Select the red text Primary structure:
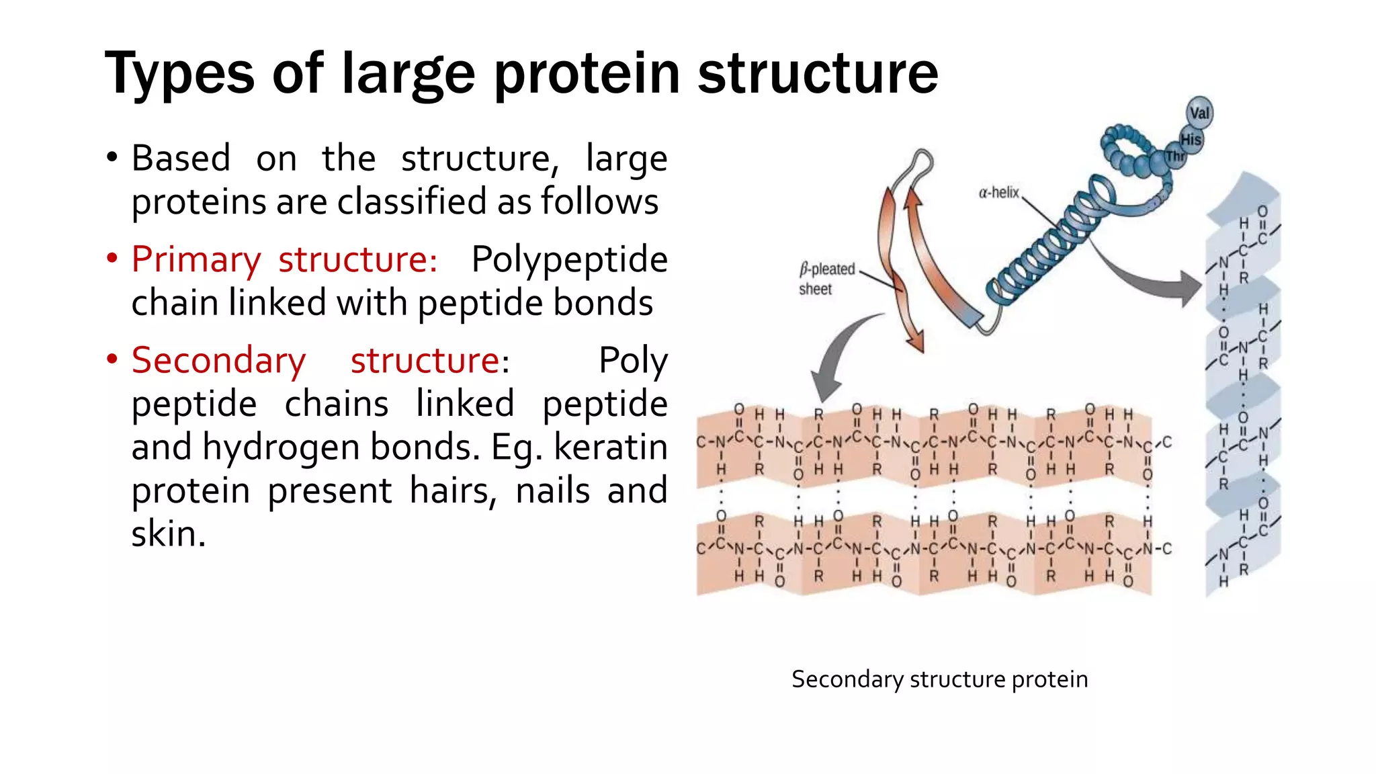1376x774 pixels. [x=284, y=259]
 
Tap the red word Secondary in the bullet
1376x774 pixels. [x=218, y=360]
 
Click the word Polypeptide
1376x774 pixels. [x=569, y=259]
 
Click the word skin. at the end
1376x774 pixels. [x=168, y=534]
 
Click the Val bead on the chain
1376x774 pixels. [x=1199, y=113]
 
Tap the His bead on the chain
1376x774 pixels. [x=1191, y=140]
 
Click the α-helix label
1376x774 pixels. [x=998, y=193]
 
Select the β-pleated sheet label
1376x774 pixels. [x=826, y=279]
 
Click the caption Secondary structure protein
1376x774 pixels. [x=939, y=679]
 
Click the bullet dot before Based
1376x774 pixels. [x=112, y=159]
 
